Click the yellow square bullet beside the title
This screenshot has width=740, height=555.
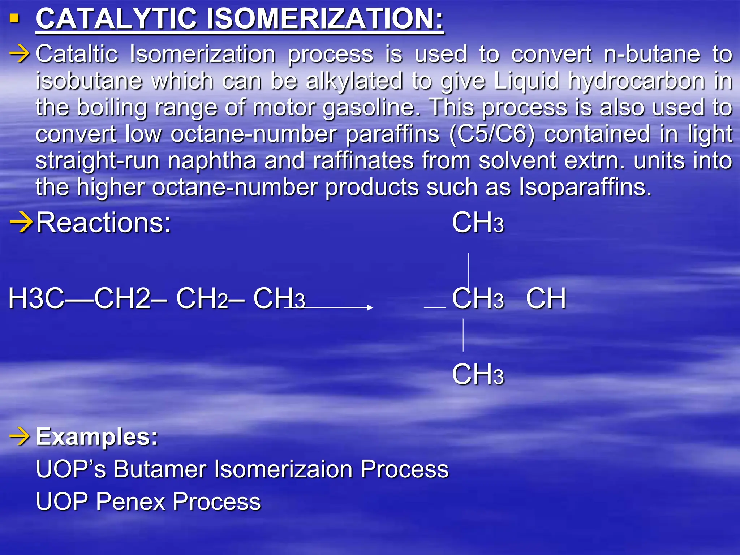click(x=14, y=18)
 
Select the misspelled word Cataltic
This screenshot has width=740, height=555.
click(x=77, y=55)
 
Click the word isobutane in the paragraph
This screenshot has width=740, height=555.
click(x=89, y=81)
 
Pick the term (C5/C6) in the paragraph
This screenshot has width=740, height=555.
click(x=492, y=134)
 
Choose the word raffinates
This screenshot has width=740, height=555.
click(x=363, y=161)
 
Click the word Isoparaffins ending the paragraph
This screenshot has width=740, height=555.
click(x=585, y=188)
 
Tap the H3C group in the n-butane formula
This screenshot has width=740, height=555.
click(x=36, y=299)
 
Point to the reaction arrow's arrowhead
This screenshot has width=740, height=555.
click(x=370, y=307)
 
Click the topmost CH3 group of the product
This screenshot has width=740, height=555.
click(x=478, y=223)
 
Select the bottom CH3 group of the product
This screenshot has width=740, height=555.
click(x=478, y=375)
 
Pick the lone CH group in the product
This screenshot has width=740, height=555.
click(x=546, y=299)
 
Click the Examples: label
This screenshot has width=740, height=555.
click(x=97, y=437)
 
